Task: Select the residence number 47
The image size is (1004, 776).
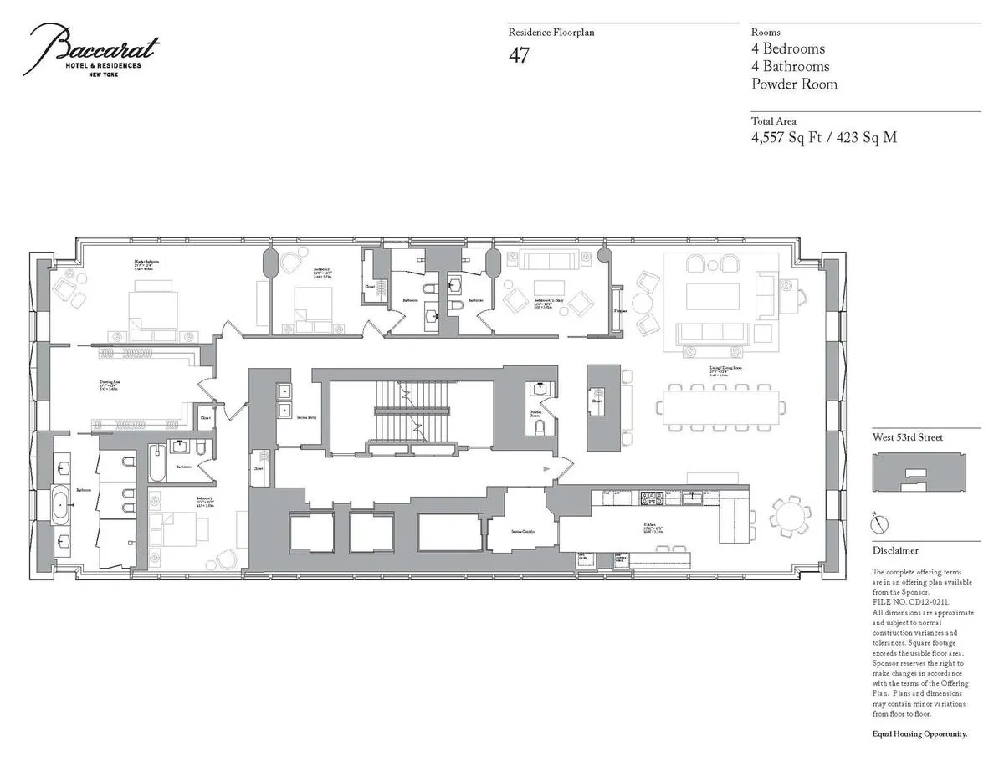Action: coord(519,56)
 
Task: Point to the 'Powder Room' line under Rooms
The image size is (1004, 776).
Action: coord(794,84)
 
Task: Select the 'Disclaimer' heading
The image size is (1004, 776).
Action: coord(895,550)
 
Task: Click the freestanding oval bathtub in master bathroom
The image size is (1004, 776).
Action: coord(64,507)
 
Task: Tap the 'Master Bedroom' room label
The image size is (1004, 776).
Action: coord(146,262)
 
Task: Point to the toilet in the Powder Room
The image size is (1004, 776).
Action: coord(540,427)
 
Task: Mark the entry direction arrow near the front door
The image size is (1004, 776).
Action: coord(546,469)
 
